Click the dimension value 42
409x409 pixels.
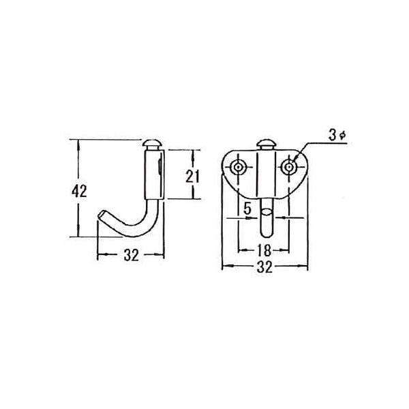pos(79,191)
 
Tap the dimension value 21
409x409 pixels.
pos(192,177)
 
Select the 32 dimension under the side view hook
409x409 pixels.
pos(131,255)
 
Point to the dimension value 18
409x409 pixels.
pos(264,250)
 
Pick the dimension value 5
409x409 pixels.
pos(247,209)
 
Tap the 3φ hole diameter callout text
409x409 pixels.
pos(337,136)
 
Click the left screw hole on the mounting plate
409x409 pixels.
pos(238,167)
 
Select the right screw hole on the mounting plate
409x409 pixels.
pos(288,167)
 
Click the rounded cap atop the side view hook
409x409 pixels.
pos(152,143)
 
